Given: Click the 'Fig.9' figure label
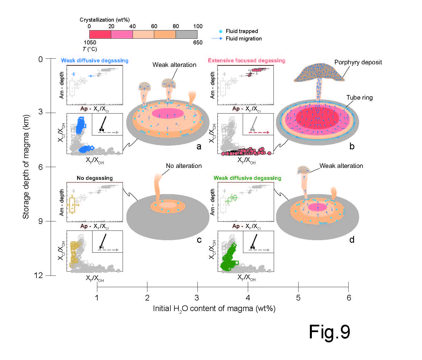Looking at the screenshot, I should coord(329,332).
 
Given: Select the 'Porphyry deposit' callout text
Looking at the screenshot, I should coord(358,62).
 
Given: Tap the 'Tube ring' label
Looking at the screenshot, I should coord(359,98).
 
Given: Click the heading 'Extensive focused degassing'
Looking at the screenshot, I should coord(246,61).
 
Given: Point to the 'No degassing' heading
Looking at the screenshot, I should coord(95,178).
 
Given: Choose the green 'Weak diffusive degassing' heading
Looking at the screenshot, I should coord(247,178).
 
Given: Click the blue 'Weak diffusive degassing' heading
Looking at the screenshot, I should coord(95,61).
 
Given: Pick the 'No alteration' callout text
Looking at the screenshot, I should coord(184,166).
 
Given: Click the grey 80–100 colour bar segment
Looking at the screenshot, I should coord(186,34).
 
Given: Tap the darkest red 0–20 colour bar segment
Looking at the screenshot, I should coord(100,34).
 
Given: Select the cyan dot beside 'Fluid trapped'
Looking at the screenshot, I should coord(221,31).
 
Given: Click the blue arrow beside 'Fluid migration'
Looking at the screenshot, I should coord(217,38).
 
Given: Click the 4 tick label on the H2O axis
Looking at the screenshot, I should coord(248,298).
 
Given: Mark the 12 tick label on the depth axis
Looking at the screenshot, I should coord(38,275).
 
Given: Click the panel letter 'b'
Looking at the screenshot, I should coord(352,146).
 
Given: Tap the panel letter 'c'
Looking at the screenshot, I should coord(199,240).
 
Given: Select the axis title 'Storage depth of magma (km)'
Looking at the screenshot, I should coord(26,167).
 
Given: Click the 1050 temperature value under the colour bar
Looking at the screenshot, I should coord(90,43).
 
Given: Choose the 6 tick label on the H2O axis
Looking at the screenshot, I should coord(349,298).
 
